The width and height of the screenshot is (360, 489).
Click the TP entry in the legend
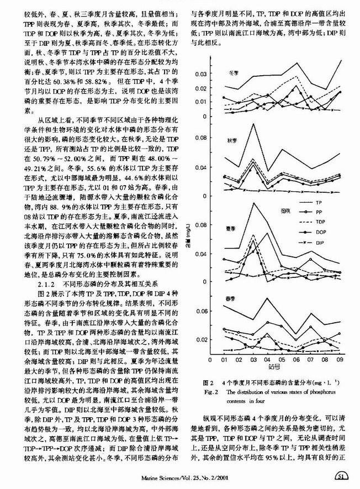pos(319,203)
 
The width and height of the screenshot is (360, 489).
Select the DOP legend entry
pos(320,233)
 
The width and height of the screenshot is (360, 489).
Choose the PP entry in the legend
pos(319,213)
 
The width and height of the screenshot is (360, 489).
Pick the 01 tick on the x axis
pos(224,359)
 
